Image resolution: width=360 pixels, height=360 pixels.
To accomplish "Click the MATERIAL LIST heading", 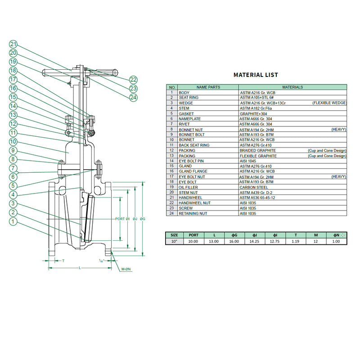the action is [x=256, y=75].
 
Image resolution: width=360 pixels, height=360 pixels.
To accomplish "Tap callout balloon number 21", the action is [x=13, y=44].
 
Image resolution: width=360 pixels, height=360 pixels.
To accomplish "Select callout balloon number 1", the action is [x=13, y=221].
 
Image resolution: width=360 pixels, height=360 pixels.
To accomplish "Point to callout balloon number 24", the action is [x=133, y=97].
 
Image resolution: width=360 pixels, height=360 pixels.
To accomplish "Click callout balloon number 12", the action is [x=13, y=124].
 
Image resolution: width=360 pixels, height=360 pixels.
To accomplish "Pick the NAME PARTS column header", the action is [x=208, y=87].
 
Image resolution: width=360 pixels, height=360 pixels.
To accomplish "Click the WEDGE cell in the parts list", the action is [x=186, y=103].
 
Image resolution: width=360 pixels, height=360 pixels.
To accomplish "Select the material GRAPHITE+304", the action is [x=253, y=114].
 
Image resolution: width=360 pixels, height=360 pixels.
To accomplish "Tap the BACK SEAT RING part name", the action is [x=194, y=145].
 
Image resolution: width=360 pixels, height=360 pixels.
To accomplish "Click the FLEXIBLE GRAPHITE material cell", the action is [x=258, y=156].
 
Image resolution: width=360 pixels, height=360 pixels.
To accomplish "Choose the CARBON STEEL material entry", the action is [x=254, y=187].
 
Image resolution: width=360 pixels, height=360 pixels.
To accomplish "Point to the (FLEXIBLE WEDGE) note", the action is [x=329, y=103].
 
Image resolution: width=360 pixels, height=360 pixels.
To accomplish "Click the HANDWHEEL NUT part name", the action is [x=194, y=203].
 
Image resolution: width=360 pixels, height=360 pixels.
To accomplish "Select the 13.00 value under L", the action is [x=213, y=241].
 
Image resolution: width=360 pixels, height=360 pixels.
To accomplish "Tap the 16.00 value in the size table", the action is [x=234, y=241].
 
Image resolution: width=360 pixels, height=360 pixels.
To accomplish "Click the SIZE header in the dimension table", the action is [x=174, y=235].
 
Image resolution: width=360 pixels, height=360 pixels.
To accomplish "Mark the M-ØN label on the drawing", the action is [x=126, y=269].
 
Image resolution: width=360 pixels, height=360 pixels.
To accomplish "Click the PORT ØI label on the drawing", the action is [x=122, y=219].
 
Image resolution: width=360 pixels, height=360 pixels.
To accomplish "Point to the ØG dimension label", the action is [x=143, y=219].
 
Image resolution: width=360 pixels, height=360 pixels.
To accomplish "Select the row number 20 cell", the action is [x=171, y=192].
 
